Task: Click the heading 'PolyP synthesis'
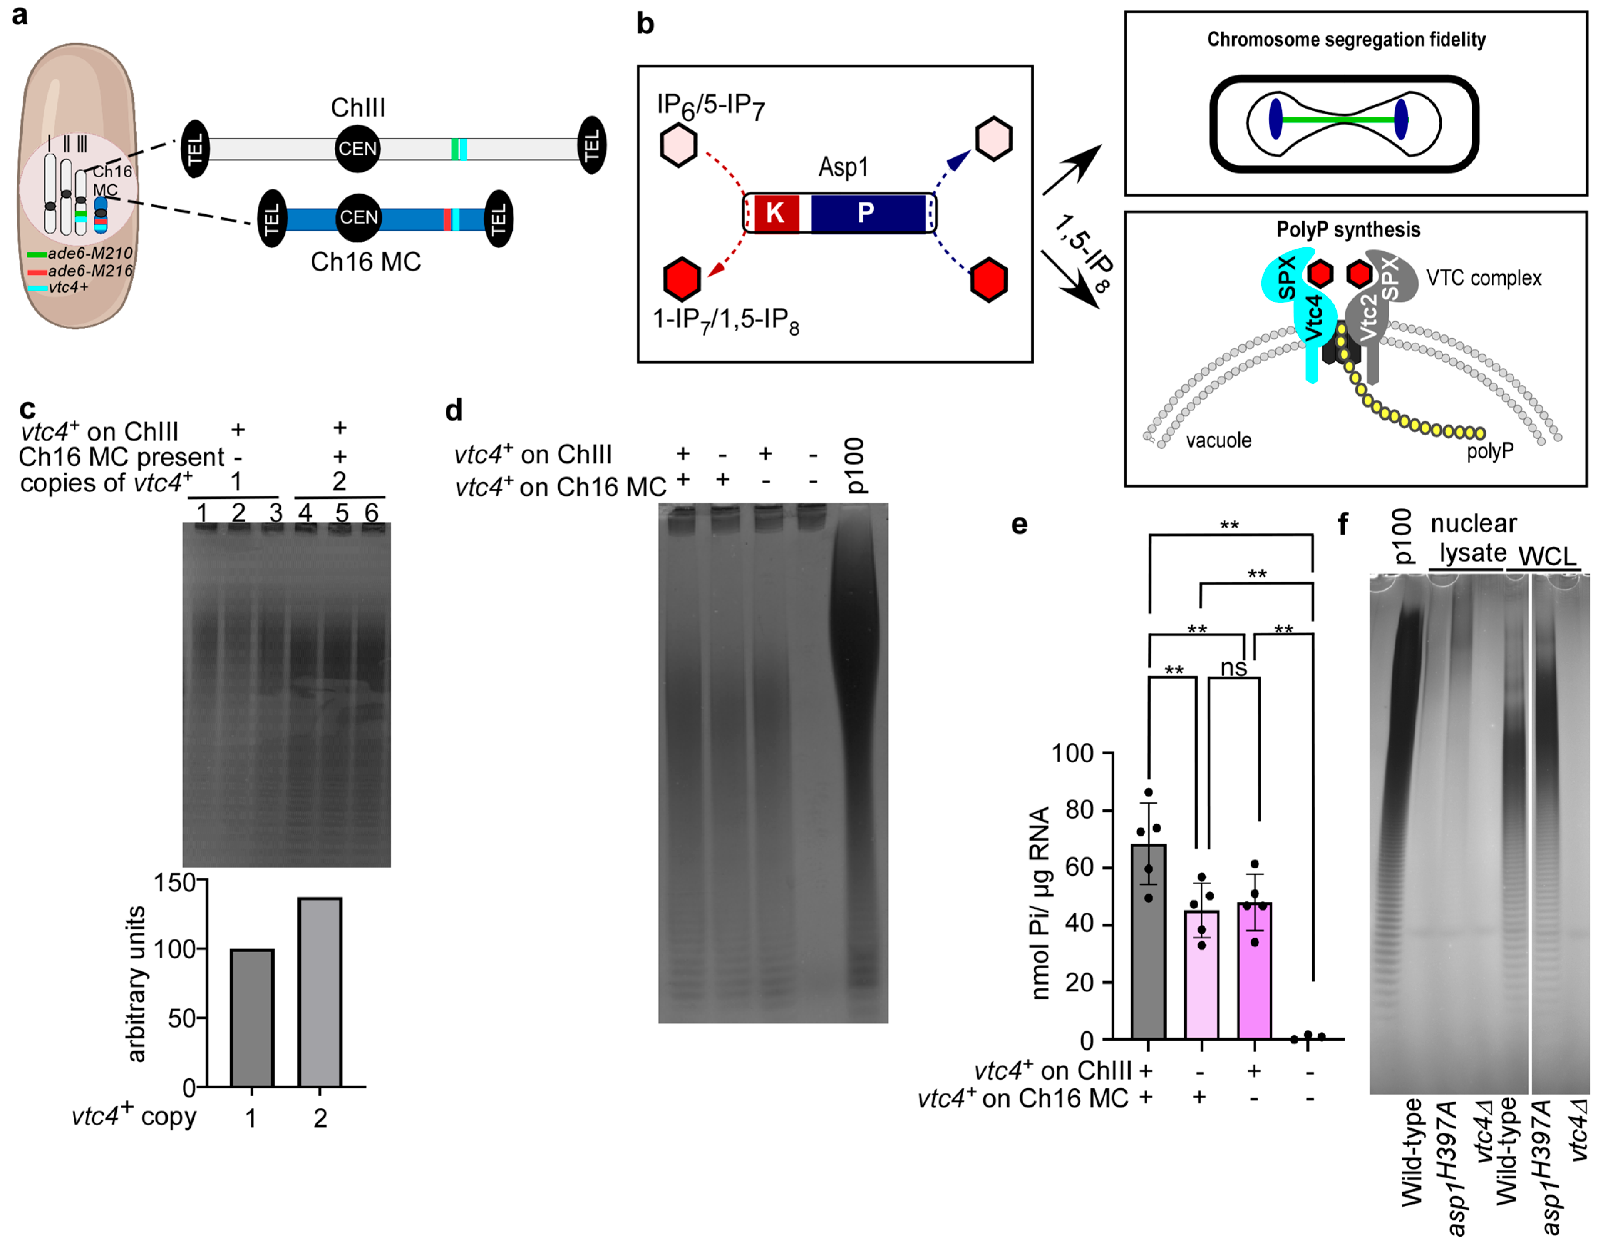point(1348,230)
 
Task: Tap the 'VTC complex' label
point(1483,278)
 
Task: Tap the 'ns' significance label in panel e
point(1234,668)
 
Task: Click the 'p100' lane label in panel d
point(854,465)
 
